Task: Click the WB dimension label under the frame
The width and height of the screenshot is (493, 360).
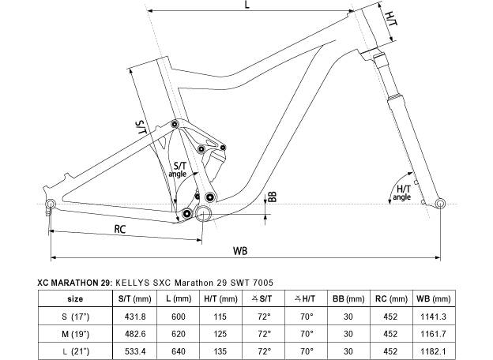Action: pyautogui.click(x=240, y=251)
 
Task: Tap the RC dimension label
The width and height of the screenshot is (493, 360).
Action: pyautogui.click(x=120, y=229)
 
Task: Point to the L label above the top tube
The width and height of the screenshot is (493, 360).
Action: pyautogui.click(x=247, y=5)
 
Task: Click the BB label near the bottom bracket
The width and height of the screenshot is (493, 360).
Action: pyautogui.click(x=273, y=197)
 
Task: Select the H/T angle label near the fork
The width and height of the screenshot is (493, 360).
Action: pyautogui.click(x=402, y=193)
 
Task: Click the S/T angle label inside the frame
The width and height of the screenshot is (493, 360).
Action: pyautogui.click(x=179, y=169)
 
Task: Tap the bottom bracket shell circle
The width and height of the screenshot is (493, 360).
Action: pyautogui.click(x=203, y=213)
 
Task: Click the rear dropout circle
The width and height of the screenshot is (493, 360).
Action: pyautogui.click(x=51, y=204)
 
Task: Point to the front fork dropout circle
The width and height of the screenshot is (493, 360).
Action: pyautogui.click(x=440, y=203)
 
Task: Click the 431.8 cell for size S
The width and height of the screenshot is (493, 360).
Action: pyautogui.click(x=135, y=317)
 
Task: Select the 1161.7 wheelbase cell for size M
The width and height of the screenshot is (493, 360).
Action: pyautogui.click(x=433, y=334)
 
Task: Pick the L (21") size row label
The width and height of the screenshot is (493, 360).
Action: pyautogui.click(x=75, y=351)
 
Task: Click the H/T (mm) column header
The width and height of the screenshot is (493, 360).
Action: pyautogui.click(x=220, y=298)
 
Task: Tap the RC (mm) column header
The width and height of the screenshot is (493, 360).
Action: pyautogui.click(x=391, y=298)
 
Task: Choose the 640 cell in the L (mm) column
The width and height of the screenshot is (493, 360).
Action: pyautogui.click(x=179, y=351)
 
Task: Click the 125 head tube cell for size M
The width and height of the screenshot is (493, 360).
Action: pyautogui.click(x=220, y=334)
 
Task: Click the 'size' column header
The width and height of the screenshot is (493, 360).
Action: pyautogui.click(x=75, y=298)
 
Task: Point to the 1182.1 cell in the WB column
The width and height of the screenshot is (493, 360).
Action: pyautogui.click(x=433, y=351)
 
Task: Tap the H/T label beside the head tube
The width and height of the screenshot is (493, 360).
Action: pyautogui.click(x=391, y=20)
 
